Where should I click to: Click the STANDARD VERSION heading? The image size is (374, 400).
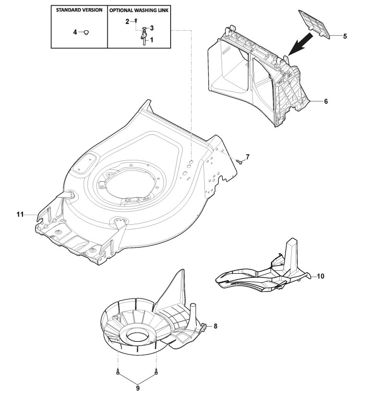click(x=79, y=10)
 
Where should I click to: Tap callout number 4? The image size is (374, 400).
click(x=75, y=32)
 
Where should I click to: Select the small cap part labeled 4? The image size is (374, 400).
click(x=86, y=32)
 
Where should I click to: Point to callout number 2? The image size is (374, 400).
click(x=127, y=21)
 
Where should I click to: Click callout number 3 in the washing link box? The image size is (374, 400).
click(x=152, y=28)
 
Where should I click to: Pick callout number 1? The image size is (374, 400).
click(x=152, y=41)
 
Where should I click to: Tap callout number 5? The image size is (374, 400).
click(x=344, y=36)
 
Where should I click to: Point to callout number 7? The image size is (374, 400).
click(x=248, y=157)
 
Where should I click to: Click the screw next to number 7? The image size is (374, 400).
click(x=238, y=162)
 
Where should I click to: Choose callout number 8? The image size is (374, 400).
click(x=215, y=326)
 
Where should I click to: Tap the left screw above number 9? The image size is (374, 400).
click(x=117, y=371)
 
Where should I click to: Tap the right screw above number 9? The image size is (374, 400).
click(x=156, y=371)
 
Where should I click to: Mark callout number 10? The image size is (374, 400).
click(x=321, y=276)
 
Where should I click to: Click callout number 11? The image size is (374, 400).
click(x=20, y=215)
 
